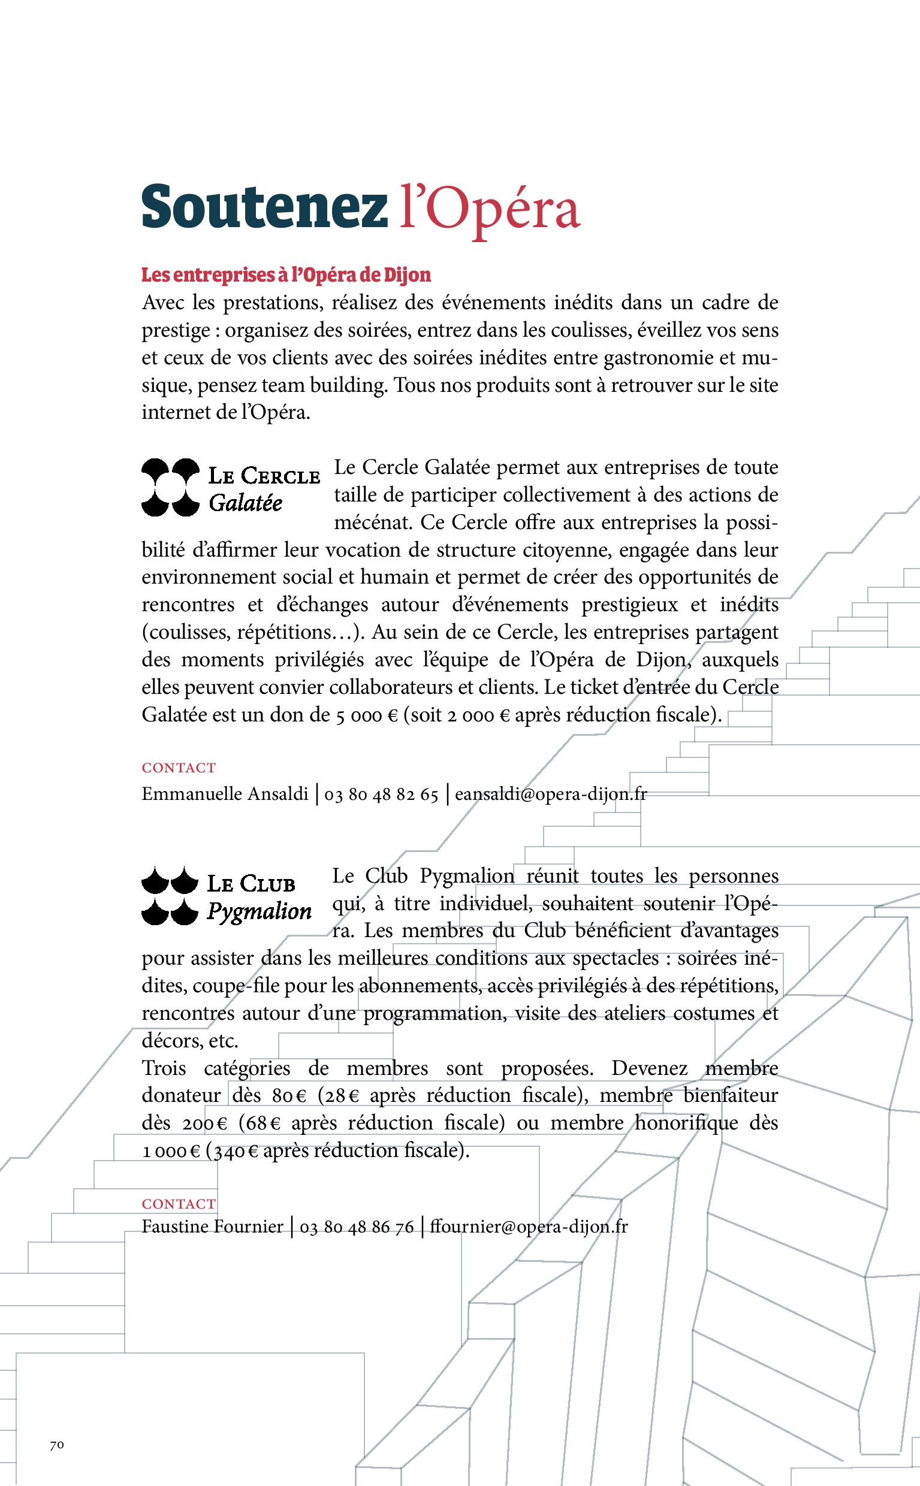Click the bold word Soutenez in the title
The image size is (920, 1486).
[x=264, y=207]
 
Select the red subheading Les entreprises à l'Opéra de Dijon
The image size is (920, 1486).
[x=286, y=275]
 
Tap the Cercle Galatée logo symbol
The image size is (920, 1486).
[x=170, y=487]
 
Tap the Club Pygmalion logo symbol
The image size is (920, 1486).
[x=170, y=895]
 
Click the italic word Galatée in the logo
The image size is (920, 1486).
[x=245, y=504]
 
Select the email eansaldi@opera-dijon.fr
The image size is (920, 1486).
[x=551, y=795]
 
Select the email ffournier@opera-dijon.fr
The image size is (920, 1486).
[x=528, y=1227]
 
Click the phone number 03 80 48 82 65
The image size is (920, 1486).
[x=381, y=795]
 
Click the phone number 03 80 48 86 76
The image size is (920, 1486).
[x=357, y=1227]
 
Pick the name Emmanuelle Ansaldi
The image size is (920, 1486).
[x=225, y=795]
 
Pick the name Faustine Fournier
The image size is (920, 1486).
[x=212, y=1227]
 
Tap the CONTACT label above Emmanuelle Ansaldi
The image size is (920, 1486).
[x=179, y=768]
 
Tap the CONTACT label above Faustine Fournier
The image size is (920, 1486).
[x=179, y=1204]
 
